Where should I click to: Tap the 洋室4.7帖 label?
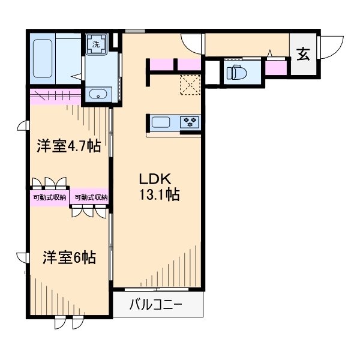tap(68, 146)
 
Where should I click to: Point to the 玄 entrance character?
tap(302, 53)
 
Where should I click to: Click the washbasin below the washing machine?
tap(97, 94)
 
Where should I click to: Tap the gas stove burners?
tap(191, 122)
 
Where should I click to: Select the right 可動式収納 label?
tap(91, 197)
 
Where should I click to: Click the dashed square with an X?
tap(191, 85)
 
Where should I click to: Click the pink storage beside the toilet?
tap(276, 67)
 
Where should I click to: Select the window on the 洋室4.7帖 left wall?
tap(23, 127)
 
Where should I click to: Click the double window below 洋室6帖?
tap(67, 322)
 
